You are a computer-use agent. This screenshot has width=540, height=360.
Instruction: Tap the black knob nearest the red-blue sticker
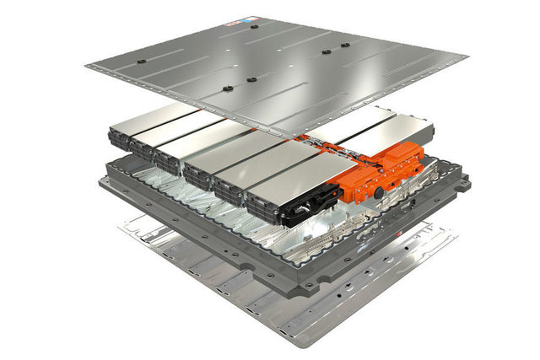[x=253, y=27]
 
